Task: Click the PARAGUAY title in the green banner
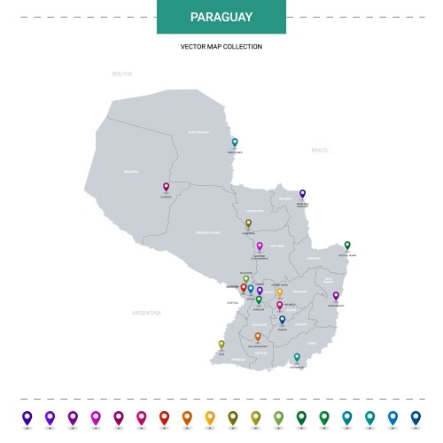[x=221, y=17]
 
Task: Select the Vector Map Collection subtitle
[x=221, y=46]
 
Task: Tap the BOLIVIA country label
[x=121, y=74]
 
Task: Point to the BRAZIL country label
[x=320, y=151]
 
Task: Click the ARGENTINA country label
[x=146, y=313]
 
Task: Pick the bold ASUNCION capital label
[x=233, y=288]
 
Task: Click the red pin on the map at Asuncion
[x=244, y=287]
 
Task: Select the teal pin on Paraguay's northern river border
[x=235, y=142]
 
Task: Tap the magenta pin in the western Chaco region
[x=166, y=186]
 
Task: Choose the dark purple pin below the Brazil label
[x=302, y=192]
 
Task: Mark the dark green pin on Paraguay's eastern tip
[x=347, y=245]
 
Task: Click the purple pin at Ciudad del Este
[x=336, y=295]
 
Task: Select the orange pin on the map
[x=258, y=337]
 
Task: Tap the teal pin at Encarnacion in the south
[x=297, y=357]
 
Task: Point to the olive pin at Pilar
[x=221, y=344]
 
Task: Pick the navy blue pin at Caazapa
[x=283, y=319]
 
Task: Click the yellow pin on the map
[x=279, y=291]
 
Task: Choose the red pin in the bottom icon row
[x=164, y=416]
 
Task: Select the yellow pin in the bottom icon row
[x=210, y=416]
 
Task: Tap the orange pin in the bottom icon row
[x=187, y=416]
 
